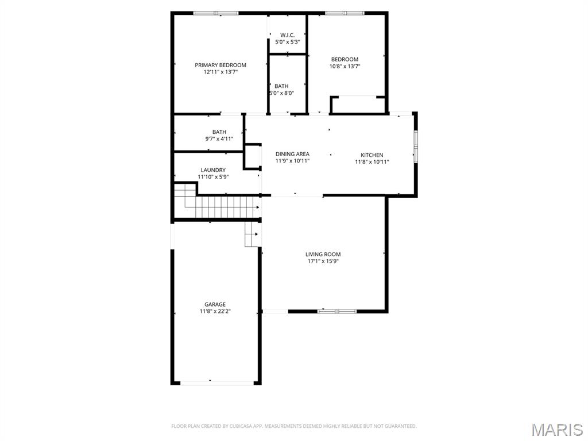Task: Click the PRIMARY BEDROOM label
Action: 220,65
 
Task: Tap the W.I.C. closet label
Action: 287,35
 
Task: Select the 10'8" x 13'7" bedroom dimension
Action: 345,67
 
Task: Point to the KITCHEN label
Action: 372,155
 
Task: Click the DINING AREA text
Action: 292,154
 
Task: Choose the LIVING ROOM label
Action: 323,254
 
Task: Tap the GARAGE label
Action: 215,304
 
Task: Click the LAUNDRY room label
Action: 213,170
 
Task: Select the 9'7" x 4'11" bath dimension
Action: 219,139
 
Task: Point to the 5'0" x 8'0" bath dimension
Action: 281,93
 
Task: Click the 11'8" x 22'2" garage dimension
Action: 215,311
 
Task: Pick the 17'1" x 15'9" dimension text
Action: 323,261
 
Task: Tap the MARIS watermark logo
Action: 556,430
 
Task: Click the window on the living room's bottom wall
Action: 337,311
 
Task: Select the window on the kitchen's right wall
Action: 415,146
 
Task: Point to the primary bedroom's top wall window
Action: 215,13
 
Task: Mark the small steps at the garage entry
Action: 251,234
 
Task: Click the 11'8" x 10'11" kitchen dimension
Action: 372,162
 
